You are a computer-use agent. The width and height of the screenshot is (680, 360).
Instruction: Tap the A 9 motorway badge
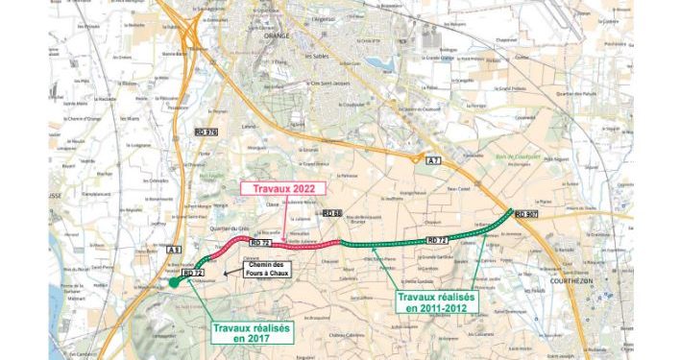(x=174, y=252)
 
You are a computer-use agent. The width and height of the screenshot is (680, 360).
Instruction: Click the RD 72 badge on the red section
(x=261, y=244)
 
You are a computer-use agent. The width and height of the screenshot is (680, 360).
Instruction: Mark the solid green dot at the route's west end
(x=173, y=281)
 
